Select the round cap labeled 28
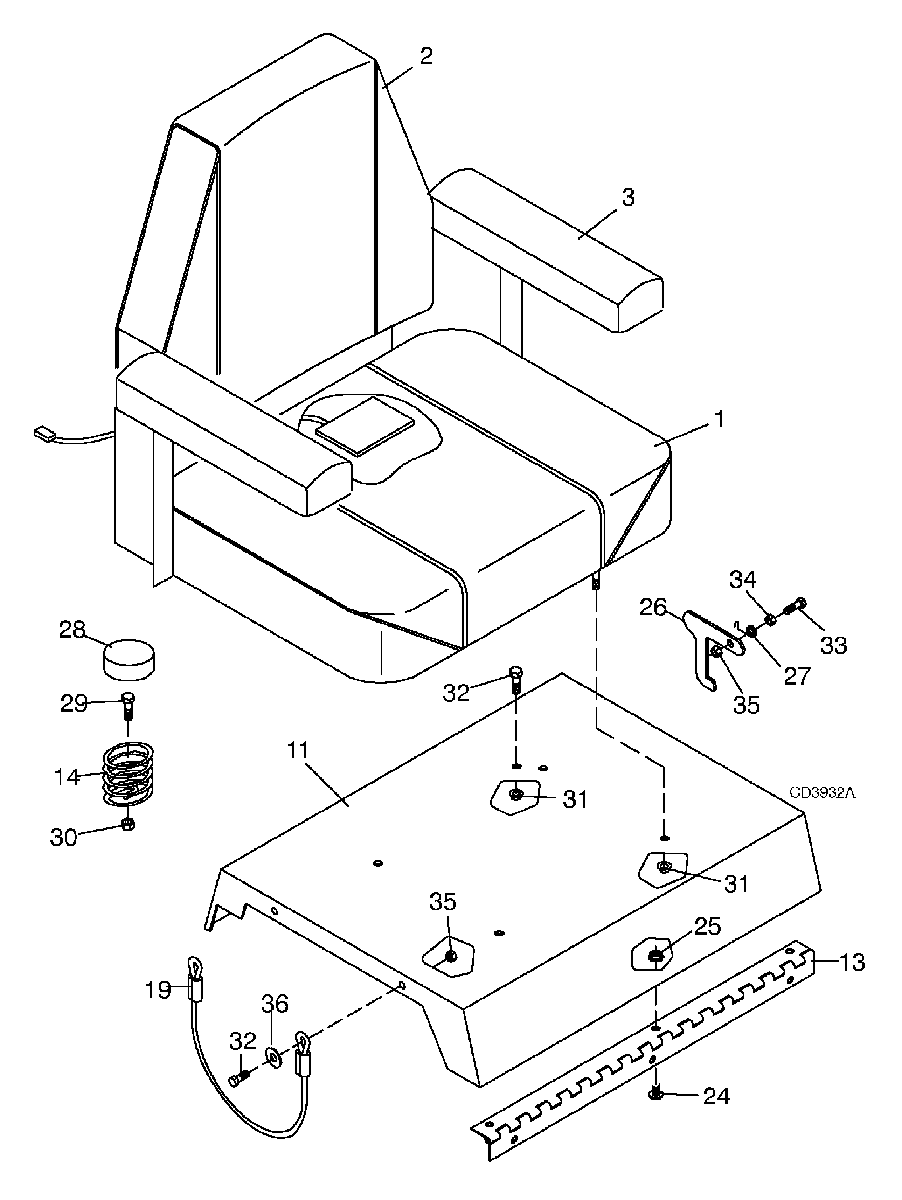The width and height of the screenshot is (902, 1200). point(128,659)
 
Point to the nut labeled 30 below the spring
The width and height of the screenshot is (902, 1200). point(128,824)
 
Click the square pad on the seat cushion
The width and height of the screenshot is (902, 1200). point(365,425)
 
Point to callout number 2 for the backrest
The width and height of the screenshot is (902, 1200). point(426,56)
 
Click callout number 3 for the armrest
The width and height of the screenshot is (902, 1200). point(628,198)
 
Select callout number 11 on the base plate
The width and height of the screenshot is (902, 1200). point(297,751)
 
